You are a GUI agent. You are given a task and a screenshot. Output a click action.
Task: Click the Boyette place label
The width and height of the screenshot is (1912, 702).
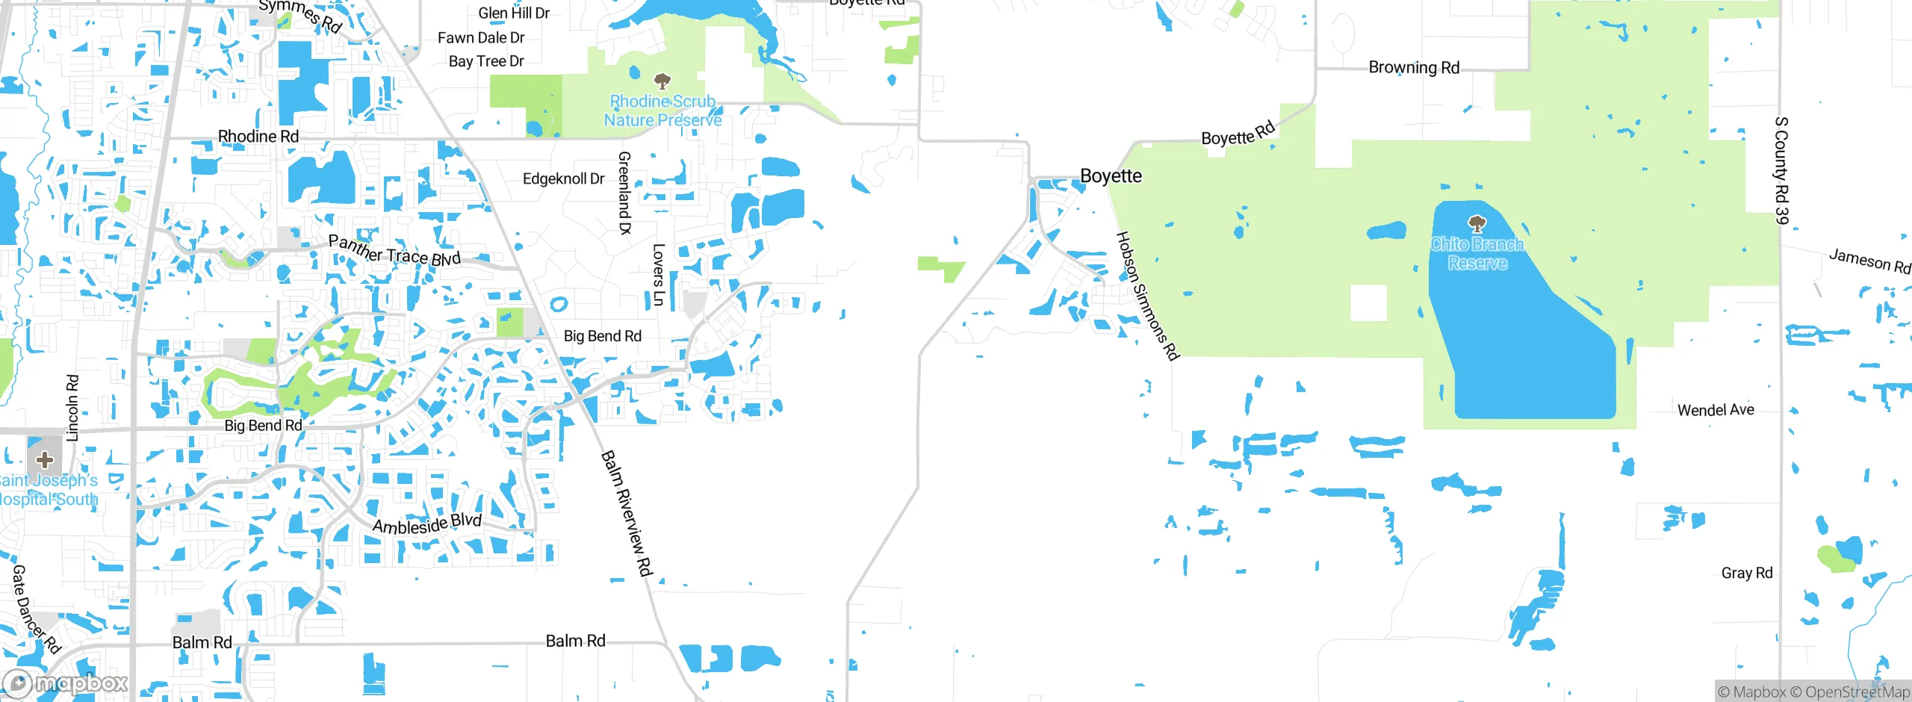coord(1111,176)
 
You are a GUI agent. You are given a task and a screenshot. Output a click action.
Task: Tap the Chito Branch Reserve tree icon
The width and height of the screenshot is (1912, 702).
coord(1477,223)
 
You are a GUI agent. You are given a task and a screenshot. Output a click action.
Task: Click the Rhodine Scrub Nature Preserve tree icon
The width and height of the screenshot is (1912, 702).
coord(662,80)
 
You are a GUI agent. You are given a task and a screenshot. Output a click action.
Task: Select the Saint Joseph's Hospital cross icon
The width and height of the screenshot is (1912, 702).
coord(45,459)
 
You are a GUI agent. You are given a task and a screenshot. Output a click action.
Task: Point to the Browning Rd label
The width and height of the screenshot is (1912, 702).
coord(1413,68)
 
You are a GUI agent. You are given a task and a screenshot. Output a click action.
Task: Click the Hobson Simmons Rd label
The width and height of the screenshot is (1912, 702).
coord(1147,296)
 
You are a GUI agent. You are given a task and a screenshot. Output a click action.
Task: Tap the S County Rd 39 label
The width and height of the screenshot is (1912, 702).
coord(1781,170)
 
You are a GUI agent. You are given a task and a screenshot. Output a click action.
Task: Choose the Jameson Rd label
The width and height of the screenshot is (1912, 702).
coord(1869,261)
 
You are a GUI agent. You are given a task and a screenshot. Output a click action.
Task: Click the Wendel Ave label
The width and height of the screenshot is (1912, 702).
coord(1716,410)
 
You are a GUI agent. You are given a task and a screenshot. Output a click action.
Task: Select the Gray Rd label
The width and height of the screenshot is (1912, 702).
coord(1746,573)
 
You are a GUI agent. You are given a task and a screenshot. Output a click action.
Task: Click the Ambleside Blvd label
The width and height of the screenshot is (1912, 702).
coord(427,524)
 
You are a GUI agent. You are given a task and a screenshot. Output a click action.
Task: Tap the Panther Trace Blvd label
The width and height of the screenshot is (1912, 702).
coord(394,251)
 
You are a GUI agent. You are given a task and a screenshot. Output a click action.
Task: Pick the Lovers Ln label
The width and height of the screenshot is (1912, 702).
coord(658,275)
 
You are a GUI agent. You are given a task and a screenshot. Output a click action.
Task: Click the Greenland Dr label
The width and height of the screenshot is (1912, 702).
coord(624,193)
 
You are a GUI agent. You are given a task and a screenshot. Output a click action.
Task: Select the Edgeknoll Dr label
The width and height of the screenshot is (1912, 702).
coord(563,179)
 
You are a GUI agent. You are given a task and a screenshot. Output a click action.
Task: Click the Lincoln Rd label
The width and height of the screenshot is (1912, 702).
coord(72,408)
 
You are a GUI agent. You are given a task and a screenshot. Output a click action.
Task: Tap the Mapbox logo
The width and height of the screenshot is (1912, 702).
coord(66,683)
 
